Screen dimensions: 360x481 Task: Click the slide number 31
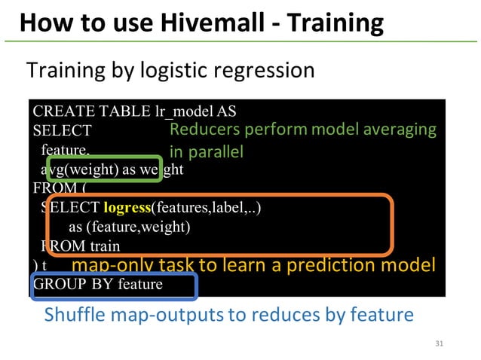(441, 344)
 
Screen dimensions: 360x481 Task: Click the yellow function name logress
(127, 207)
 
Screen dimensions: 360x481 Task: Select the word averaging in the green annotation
(400, 130)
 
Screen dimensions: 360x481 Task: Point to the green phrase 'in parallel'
(207, 152)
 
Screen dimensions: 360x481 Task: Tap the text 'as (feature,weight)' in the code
(129, 227)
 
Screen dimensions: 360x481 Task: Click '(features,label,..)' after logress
(207, 207)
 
